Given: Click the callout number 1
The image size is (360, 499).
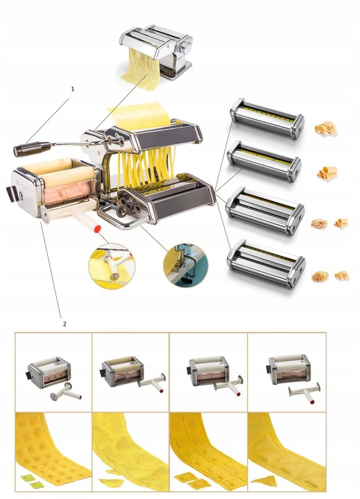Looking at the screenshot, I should click(72, 89).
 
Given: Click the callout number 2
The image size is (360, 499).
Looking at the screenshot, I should click(65, 324).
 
